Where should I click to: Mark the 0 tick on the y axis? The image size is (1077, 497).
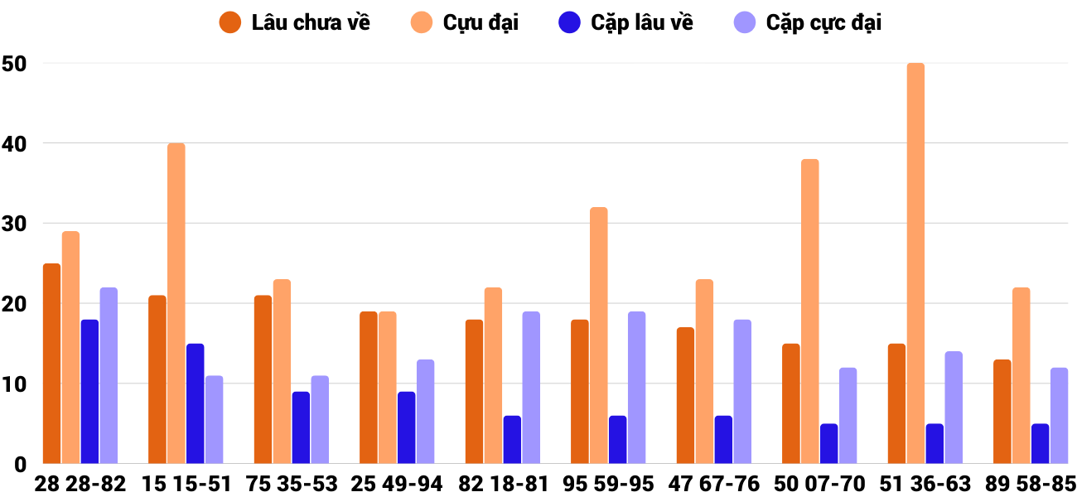pos(20,465)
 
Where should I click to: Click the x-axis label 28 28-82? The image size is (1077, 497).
pos(80,484)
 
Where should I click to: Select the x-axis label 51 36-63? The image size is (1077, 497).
pos(925,484)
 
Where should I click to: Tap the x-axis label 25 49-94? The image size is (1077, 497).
pos(397,484)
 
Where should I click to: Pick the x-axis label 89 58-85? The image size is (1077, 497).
pos(1031,484)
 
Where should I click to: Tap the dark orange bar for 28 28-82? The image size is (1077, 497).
pos(52,364)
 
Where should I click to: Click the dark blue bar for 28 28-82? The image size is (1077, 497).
pos(89,392)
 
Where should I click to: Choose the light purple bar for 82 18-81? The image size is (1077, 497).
pos(531,388)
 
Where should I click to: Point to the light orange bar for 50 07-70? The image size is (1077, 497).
pos(809,311)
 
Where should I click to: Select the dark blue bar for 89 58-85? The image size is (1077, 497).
pos(1040,444)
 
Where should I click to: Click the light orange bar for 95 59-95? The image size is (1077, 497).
pos(599,335)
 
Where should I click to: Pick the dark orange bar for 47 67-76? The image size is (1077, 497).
pos(685,396)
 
